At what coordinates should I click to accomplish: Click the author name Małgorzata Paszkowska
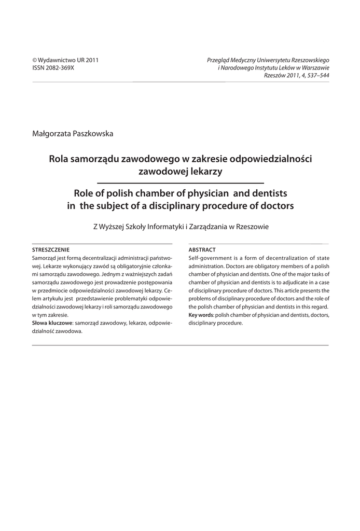pos(73,133)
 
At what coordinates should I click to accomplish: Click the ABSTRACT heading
pos(202,249)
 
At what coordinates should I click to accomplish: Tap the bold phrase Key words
pos(200,315)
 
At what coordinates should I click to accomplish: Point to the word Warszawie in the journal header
pos(313,68)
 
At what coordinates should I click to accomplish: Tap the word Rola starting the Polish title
pos(59,158)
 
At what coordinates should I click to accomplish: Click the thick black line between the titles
pos(181,183)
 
